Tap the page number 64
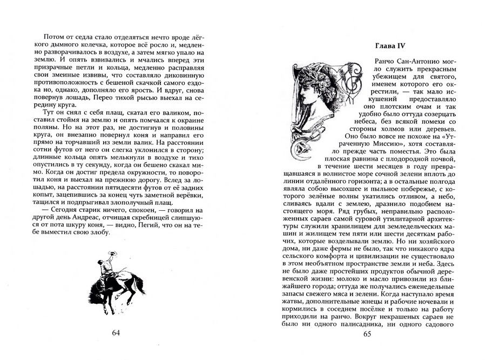point(116,332)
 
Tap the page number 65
point(367,334)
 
